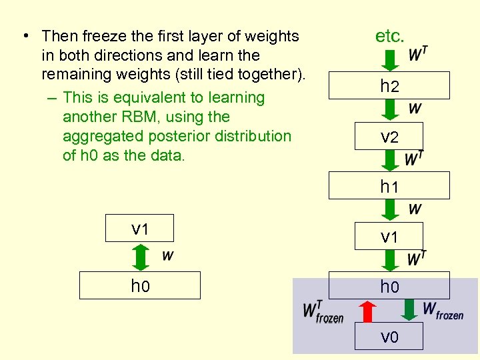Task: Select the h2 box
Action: click(x=389, y=86)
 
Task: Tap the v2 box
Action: click(x=389, y=137)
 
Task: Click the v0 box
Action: click(x=389, y=337)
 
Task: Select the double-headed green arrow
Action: click(x=140, y=257)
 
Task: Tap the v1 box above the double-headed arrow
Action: click(x=140, y=229)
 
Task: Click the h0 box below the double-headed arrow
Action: click(x=140, y=286)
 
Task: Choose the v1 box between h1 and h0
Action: click(x=389, y=237)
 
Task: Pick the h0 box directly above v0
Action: click(x=389, y=287)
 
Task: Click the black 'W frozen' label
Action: click(x=443, y=311)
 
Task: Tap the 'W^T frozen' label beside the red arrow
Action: click(x=323, y=311)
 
